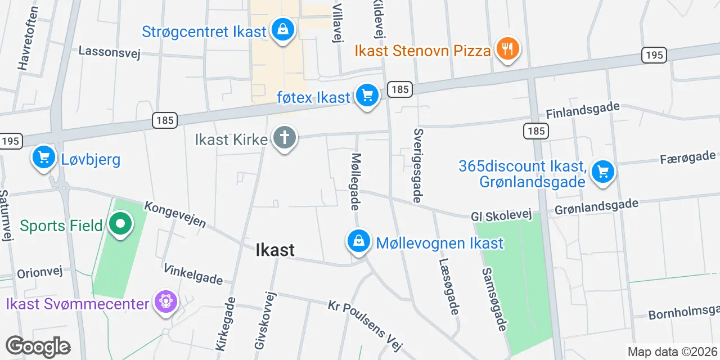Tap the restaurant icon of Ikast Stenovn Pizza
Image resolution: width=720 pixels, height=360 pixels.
click(507, 49)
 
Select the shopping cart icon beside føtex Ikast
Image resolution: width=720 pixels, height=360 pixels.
click(367, 96)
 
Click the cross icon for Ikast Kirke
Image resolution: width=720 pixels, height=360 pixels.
click(285, 138)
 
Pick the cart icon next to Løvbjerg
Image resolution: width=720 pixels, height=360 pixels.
click(44, 157)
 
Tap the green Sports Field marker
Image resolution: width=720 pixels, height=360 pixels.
click(120, 224)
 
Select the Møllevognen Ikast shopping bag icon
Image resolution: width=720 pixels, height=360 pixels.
click(358, 242)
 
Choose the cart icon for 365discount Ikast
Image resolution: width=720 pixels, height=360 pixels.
click(603, 171)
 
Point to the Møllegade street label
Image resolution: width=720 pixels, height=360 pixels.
click(356, 181)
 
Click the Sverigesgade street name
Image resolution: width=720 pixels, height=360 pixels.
click(418, 165)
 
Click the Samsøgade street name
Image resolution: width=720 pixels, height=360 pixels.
click(494, 299)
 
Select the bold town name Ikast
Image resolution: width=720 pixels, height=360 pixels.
click(275, 250)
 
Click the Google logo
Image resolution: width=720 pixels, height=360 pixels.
click(38, 346)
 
